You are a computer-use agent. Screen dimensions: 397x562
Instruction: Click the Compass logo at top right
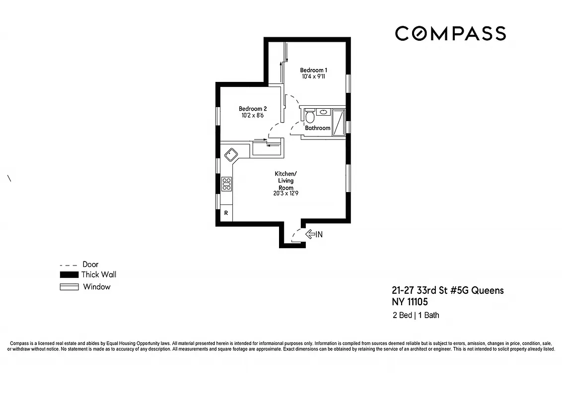(450, 34)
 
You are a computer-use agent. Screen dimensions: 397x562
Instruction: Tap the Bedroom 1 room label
(313, 70)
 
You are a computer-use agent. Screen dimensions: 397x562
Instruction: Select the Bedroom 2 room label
(253, 109)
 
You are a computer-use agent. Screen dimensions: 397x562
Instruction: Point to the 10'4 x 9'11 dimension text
(313, 77)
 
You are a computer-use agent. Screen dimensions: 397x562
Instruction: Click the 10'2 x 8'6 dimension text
(253, 116)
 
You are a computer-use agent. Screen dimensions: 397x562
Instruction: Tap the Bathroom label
(317, 128)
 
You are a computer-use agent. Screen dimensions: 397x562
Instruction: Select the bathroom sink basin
(323, 112)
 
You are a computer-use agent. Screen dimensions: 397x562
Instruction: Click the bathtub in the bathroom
(339, 122)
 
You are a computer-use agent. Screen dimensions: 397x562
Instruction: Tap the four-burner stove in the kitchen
(226, 184)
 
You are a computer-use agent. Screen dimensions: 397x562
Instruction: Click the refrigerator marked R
(226, 213)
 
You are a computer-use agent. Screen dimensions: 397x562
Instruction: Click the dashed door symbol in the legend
(69, 265)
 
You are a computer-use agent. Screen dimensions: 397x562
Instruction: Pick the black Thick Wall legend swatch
(69, 275)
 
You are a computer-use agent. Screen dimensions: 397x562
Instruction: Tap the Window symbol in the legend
(69, 287)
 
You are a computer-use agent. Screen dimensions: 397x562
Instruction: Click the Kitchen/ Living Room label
(285, 177)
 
